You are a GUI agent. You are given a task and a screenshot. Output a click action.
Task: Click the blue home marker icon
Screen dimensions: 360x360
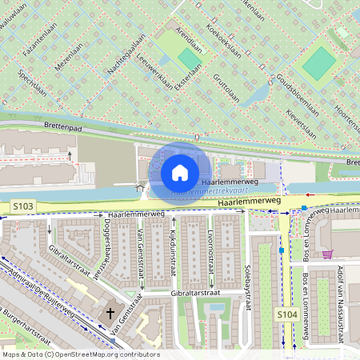pos(180,172)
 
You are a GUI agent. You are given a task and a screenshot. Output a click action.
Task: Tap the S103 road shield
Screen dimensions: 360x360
pos(23,206)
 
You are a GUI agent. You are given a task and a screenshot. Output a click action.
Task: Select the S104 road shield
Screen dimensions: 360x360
pos(288,315)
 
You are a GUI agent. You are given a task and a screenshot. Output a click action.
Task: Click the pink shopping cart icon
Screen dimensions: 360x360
pos(327,254)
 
